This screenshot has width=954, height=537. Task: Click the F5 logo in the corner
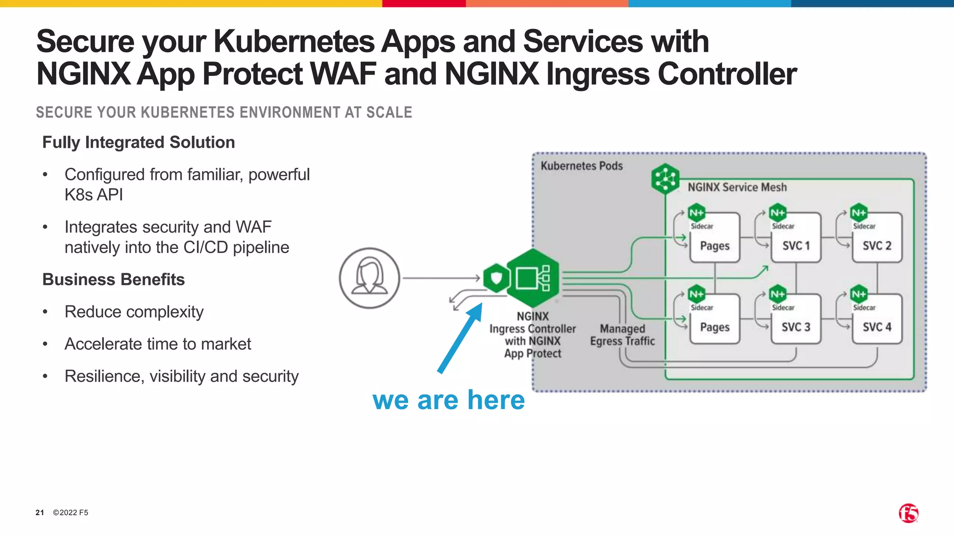[x=908, y=513]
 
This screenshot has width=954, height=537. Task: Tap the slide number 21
[x=40, y=512]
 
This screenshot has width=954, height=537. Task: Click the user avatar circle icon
[x=369, y=278]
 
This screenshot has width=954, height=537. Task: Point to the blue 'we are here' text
[x=449, y=400]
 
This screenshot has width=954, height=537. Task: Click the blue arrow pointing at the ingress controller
[x=460, y=338]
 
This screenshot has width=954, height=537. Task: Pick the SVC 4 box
[x=877, y=320]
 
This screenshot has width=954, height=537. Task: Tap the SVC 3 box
[x=796, y=320]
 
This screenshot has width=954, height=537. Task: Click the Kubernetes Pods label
[x=581, y=166]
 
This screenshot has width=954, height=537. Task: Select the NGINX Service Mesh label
[x=737, y=187]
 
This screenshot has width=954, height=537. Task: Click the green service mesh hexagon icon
[x=665, y=178]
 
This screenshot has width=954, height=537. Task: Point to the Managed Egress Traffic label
[x=622, y=335]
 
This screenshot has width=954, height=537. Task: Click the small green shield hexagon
[x=496, y=278]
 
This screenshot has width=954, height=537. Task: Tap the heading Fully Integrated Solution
[x=138, y=142]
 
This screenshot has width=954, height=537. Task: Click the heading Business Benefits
[x=113, y=279]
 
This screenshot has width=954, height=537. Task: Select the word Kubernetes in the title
[x=293, y=42]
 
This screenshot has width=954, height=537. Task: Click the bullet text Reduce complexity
[x=134, y=311]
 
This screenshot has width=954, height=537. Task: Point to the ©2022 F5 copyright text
[x=70, y=512]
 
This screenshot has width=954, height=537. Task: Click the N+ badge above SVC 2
[x=859, y=213]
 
